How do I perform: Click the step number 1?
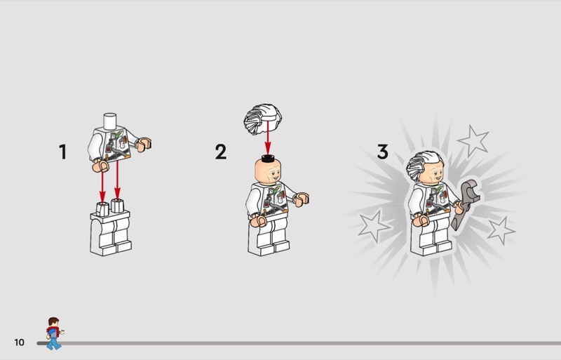click(63, 152)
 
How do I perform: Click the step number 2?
click(221, 152)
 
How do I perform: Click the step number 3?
click(382, 152)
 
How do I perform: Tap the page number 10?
click(20, 342)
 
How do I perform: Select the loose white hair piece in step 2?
click(263, 119)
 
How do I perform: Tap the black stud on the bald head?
click(268, 158)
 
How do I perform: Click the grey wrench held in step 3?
click(465, 204)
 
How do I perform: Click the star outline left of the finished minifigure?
click(373, 226)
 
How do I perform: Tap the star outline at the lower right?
click(501, 231)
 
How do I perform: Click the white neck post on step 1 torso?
click(110, 121)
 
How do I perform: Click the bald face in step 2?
click(268, 172)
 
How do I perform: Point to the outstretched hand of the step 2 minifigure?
click(302, 199)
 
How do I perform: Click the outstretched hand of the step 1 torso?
click(144, 145)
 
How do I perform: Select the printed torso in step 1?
click(114, 143)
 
